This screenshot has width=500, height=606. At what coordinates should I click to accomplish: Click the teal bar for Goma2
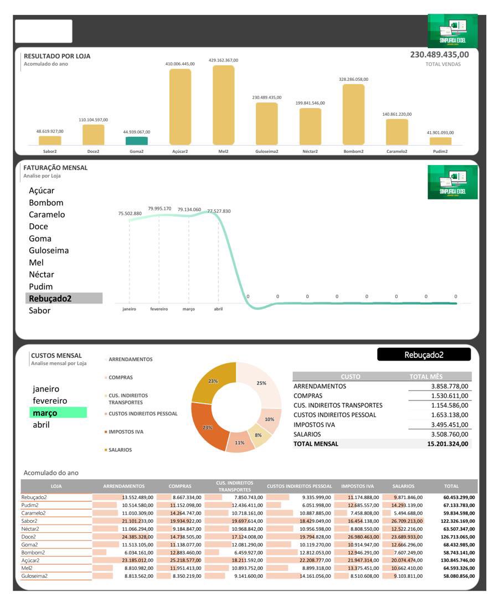coord(136,141)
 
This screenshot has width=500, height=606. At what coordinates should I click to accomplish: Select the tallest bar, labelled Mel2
coord(223,105)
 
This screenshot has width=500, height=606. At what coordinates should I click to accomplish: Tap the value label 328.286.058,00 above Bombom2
coord(353,79)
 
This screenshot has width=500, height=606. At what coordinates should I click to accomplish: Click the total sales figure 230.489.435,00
coord(439,54)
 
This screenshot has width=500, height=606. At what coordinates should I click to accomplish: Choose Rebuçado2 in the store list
coord(50,299)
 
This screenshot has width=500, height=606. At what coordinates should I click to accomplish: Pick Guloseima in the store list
coord(49,250)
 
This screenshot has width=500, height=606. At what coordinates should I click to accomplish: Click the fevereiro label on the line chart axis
coord(159,309)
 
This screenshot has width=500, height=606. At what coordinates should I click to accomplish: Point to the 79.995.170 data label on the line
coord(159,209)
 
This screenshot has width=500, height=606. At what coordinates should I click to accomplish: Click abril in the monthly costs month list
coord(41,425)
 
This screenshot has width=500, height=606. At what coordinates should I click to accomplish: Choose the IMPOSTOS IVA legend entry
coord(126,432)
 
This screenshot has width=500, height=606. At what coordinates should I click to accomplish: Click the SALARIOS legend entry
coord(120,450)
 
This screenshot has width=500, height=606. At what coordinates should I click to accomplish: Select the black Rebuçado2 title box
coord(424,355)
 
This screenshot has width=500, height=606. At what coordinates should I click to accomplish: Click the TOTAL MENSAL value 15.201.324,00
coord(447,444)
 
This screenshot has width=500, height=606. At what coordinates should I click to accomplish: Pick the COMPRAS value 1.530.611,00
coord(450,396)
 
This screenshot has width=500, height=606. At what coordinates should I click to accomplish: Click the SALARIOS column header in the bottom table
coord(403,486)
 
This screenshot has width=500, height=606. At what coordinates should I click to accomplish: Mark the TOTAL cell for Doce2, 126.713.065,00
coord(458,537)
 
